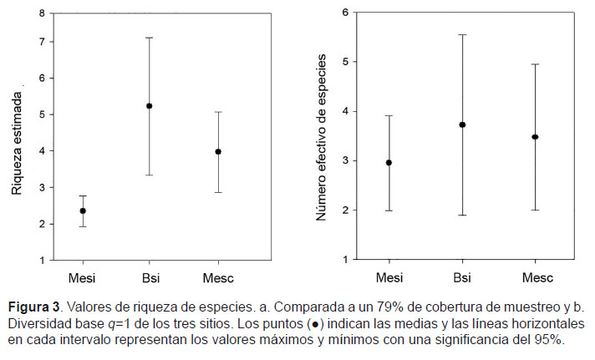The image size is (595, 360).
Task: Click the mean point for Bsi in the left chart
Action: coord(150,106)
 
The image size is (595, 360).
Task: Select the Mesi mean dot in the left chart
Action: coord(82,211)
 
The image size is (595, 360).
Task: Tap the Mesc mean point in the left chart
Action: coord(218,152)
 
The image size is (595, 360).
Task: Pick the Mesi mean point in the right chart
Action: coord(389,163)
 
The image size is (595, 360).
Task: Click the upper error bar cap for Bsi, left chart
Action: coord(150,38)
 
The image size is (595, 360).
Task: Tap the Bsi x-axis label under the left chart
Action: coord(150,276)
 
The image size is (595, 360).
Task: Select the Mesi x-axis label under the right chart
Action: coord(389,276)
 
